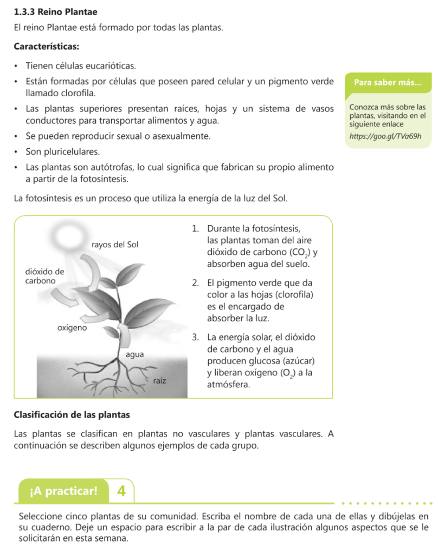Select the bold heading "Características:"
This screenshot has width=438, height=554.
click(x=47, y=47)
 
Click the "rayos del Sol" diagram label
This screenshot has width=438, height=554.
click(x=115, y=245)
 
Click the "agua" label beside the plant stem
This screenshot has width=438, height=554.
click(x=134, y=355)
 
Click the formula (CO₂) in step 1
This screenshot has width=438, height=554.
click(x=300, y=252)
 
